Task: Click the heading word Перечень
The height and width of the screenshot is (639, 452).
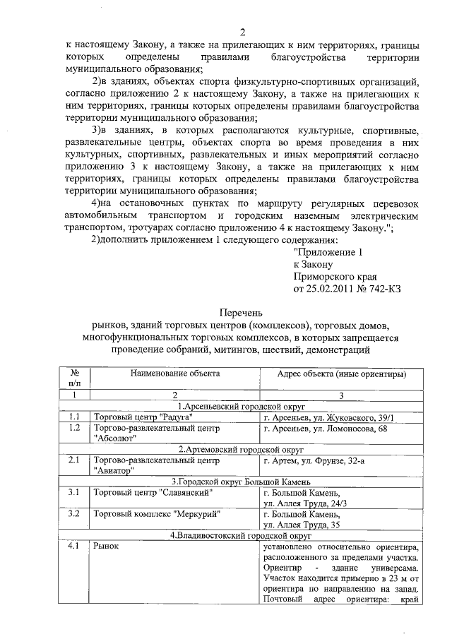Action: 241,311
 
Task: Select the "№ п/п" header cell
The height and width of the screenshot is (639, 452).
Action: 74,378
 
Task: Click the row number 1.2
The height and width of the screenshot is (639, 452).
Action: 74,428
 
